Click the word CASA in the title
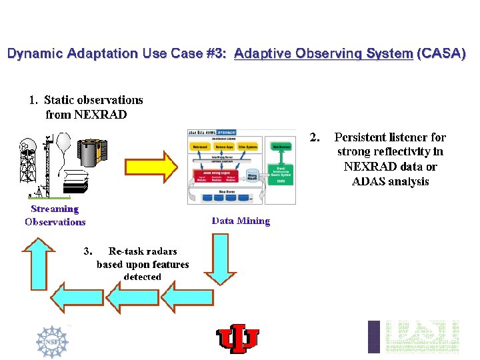point(441,53)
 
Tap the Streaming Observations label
point(55,215)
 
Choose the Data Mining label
point(241,221)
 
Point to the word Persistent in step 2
point(364,137)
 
